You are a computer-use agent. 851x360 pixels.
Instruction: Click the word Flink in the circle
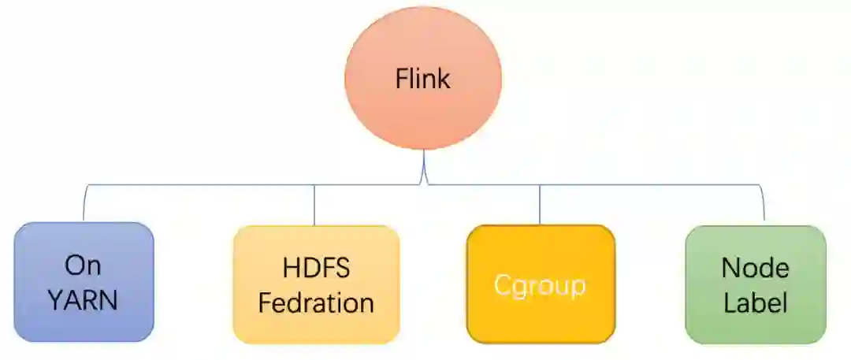[x=423, y=79]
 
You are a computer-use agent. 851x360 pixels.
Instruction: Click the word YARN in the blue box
[x=84, y=300]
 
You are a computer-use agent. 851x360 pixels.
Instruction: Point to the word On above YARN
[x=84, y=266]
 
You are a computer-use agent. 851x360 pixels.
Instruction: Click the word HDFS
[x=315, y=268]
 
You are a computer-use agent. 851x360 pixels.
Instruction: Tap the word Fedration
[x=316, y=302]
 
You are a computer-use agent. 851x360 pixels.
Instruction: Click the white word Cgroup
[x=540, y=285]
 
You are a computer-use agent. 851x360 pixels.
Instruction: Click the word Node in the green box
[x=755, y=268]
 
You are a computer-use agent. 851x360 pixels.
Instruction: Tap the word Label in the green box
[x=755, y=302]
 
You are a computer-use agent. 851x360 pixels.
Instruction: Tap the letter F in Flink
[x=401, y=79]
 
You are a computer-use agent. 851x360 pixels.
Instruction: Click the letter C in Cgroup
[x=502, y=285]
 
